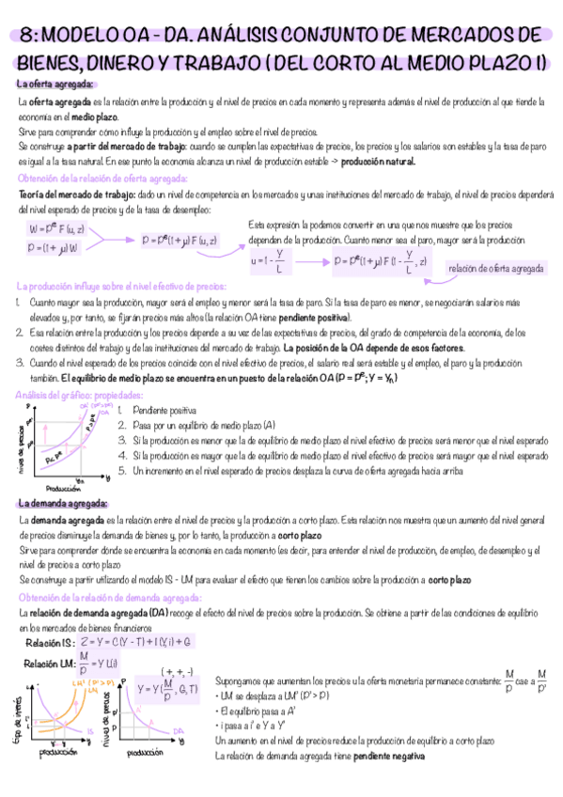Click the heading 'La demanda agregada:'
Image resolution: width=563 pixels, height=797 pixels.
[x=55, y=504]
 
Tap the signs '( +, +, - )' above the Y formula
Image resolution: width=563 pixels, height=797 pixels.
[x=177, y=671]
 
